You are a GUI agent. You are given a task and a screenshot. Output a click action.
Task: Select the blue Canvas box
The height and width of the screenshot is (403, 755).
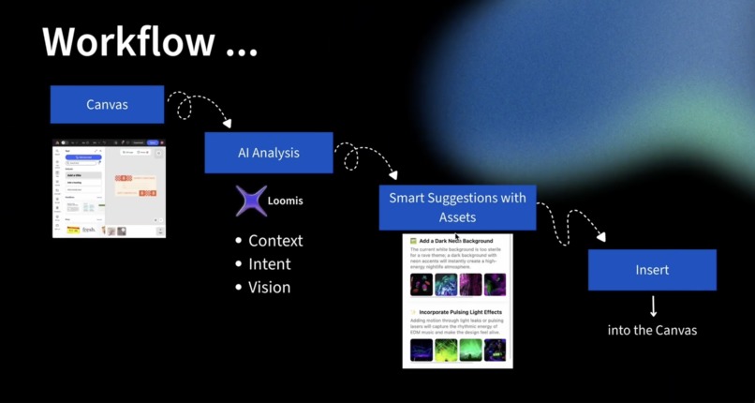107,104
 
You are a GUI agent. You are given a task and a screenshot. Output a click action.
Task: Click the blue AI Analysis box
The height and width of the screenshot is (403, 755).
269,152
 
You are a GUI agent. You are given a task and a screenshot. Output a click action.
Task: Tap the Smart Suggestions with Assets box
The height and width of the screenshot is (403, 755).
457,207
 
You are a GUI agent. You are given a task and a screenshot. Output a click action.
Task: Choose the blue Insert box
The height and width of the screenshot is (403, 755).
652,269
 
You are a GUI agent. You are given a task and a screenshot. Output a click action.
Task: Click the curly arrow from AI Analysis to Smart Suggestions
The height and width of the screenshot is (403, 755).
361,157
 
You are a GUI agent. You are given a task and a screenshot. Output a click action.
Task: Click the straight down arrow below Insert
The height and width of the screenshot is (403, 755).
653,306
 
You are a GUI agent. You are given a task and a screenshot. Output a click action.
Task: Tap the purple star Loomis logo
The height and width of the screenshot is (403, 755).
251,201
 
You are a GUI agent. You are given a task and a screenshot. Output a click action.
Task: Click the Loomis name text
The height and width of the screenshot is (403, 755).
286,201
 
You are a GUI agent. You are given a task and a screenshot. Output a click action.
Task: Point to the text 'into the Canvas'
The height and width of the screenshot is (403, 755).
652,330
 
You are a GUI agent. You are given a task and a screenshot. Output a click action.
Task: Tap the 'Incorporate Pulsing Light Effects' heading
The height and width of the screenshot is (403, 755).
460,312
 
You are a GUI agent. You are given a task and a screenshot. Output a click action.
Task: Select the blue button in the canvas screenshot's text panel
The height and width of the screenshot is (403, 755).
84,157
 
